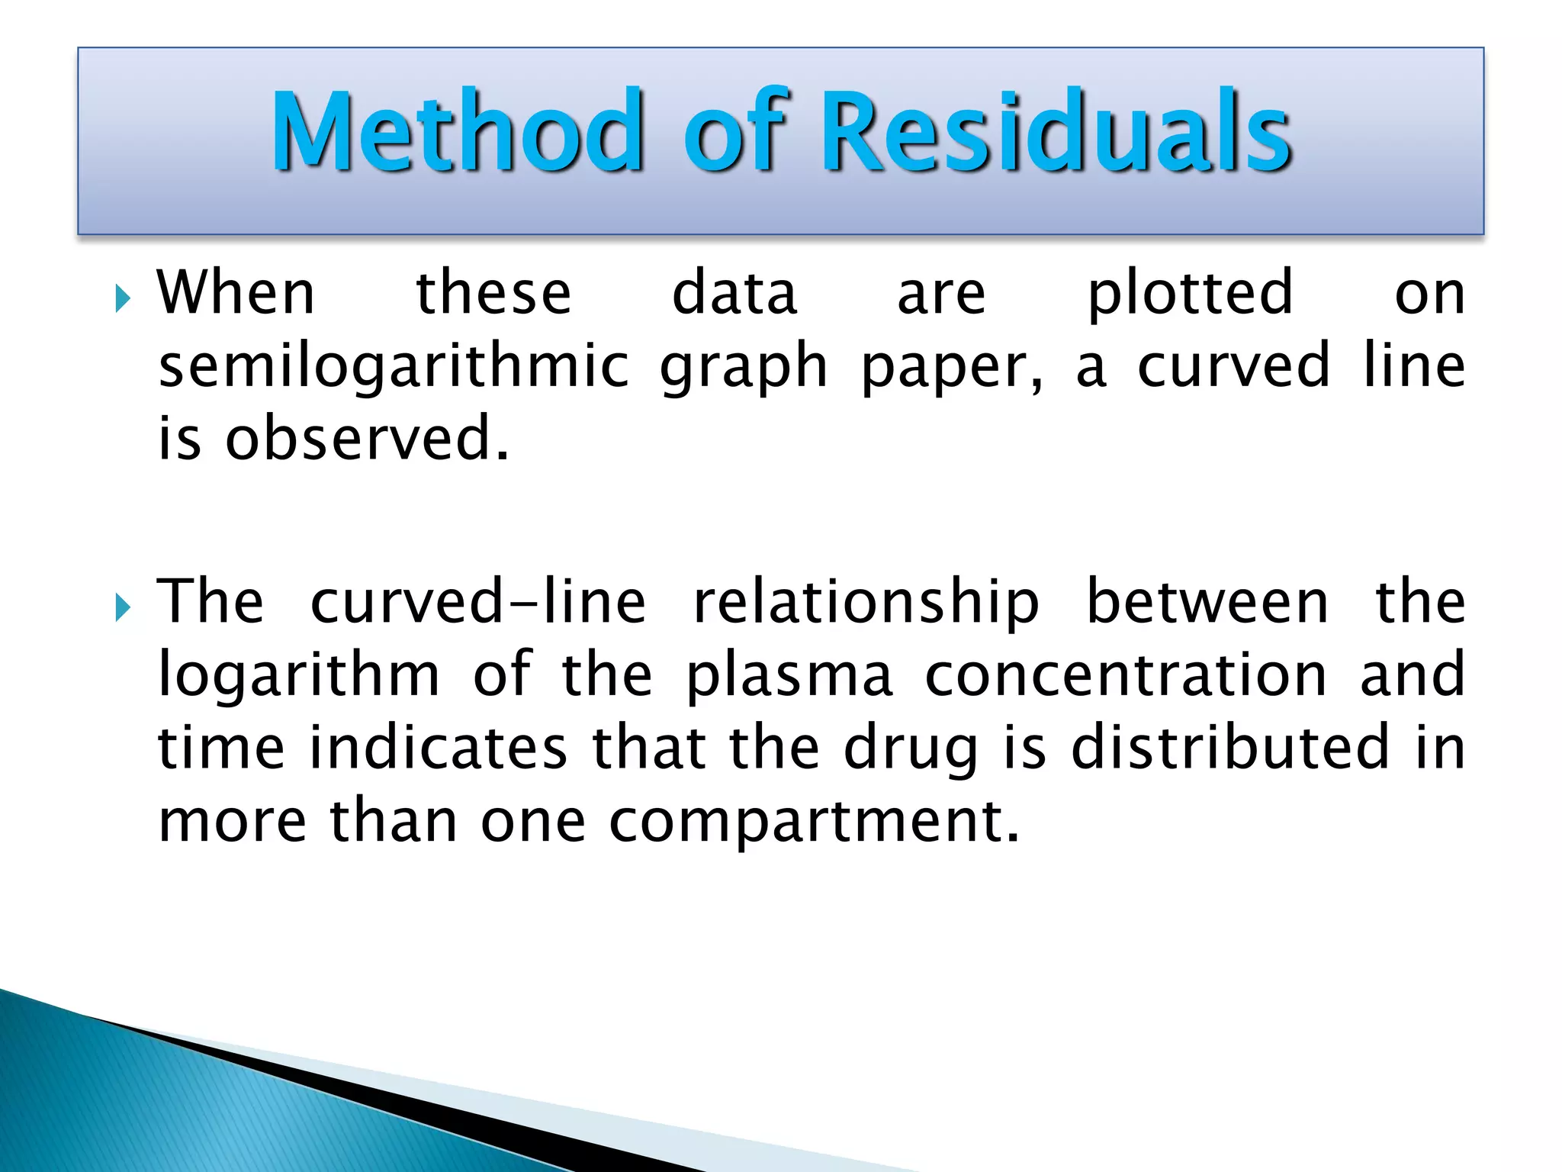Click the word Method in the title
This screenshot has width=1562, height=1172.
(x=458, y=131)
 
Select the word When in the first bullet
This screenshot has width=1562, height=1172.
(x=236, y=293)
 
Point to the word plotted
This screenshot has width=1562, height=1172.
(x=1190, y=295)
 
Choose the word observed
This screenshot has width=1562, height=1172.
(x=367, y=439)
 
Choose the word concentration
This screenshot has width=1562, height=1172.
(x=1126, y=675)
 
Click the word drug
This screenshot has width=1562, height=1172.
(x=911, y=750)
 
